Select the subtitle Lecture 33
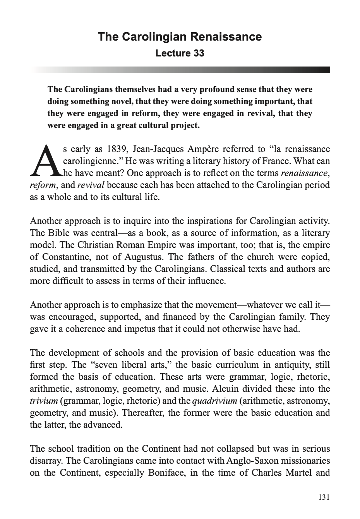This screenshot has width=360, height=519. tap(180, 53)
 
